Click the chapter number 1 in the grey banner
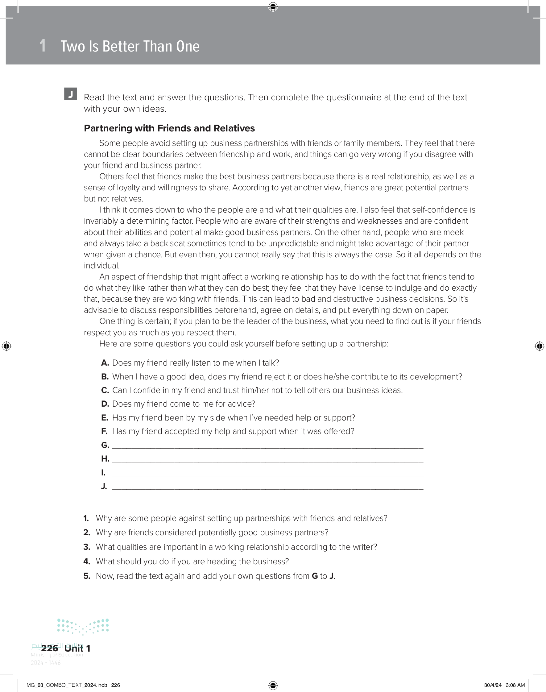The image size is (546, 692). (x=43, y=46)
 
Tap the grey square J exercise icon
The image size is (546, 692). (x=70, y=94)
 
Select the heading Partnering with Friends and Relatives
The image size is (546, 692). (x=169, y=128)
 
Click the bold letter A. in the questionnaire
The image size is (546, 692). (x=105, y=363)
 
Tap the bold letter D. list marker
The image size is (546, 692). (x=105, y=404)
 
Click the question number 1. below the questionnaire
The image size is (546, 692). (x=86, y=518)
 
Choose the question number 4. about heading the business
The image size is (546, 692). (x=87, y=561)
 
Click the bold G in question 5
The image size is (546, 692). (x=315, y=576)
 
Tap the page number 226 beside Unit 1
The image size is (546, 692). (x=50, y=648)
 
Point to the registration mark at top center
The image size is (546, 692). (x=273, y=6)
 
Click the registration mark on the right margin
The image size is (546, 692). (x=539, y=346)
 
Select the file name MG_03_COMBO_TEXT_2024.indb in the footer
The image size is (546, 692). (x=67, y=685)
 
